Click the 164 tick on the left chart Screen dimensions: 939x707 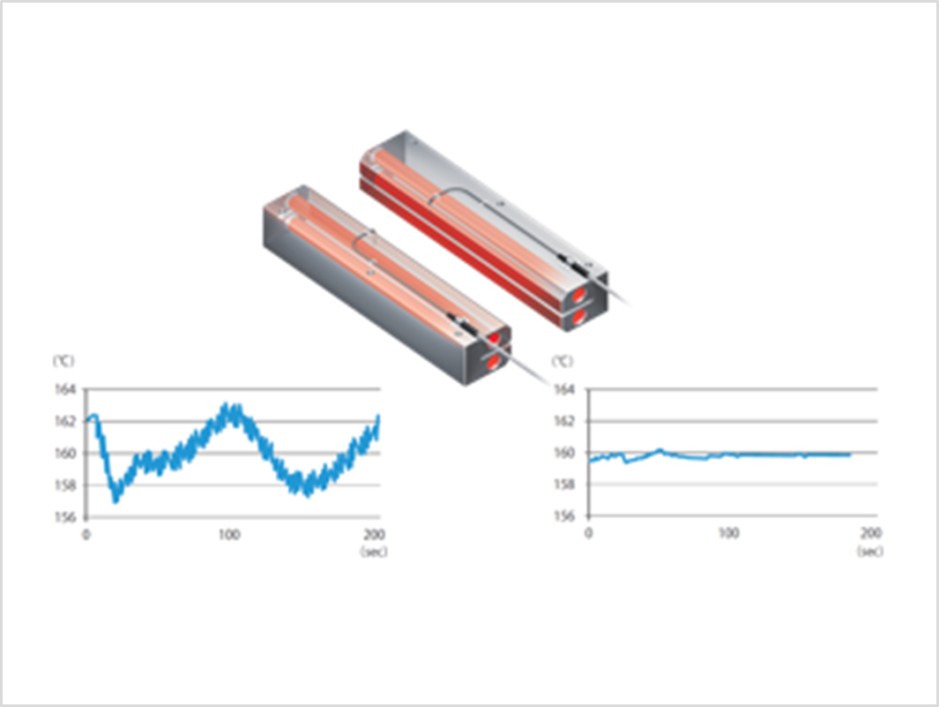[65, 390]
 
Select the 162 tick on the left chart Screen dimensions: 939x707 [65, 422]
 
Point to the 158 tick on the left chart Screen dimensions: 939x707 [65, 485]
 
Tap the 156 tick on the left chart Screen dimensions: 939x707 [65, 517]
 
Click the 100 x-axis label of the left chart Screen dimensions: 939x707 [228, 534]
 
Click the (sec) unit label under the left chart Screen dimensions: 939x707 [374, 551]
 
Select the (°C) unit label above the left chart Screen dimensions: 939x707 [63, 361]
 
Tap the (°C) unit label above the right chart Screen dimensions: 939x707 [562, 361]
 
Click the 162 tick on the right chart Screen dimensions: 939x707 [564, 422]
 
